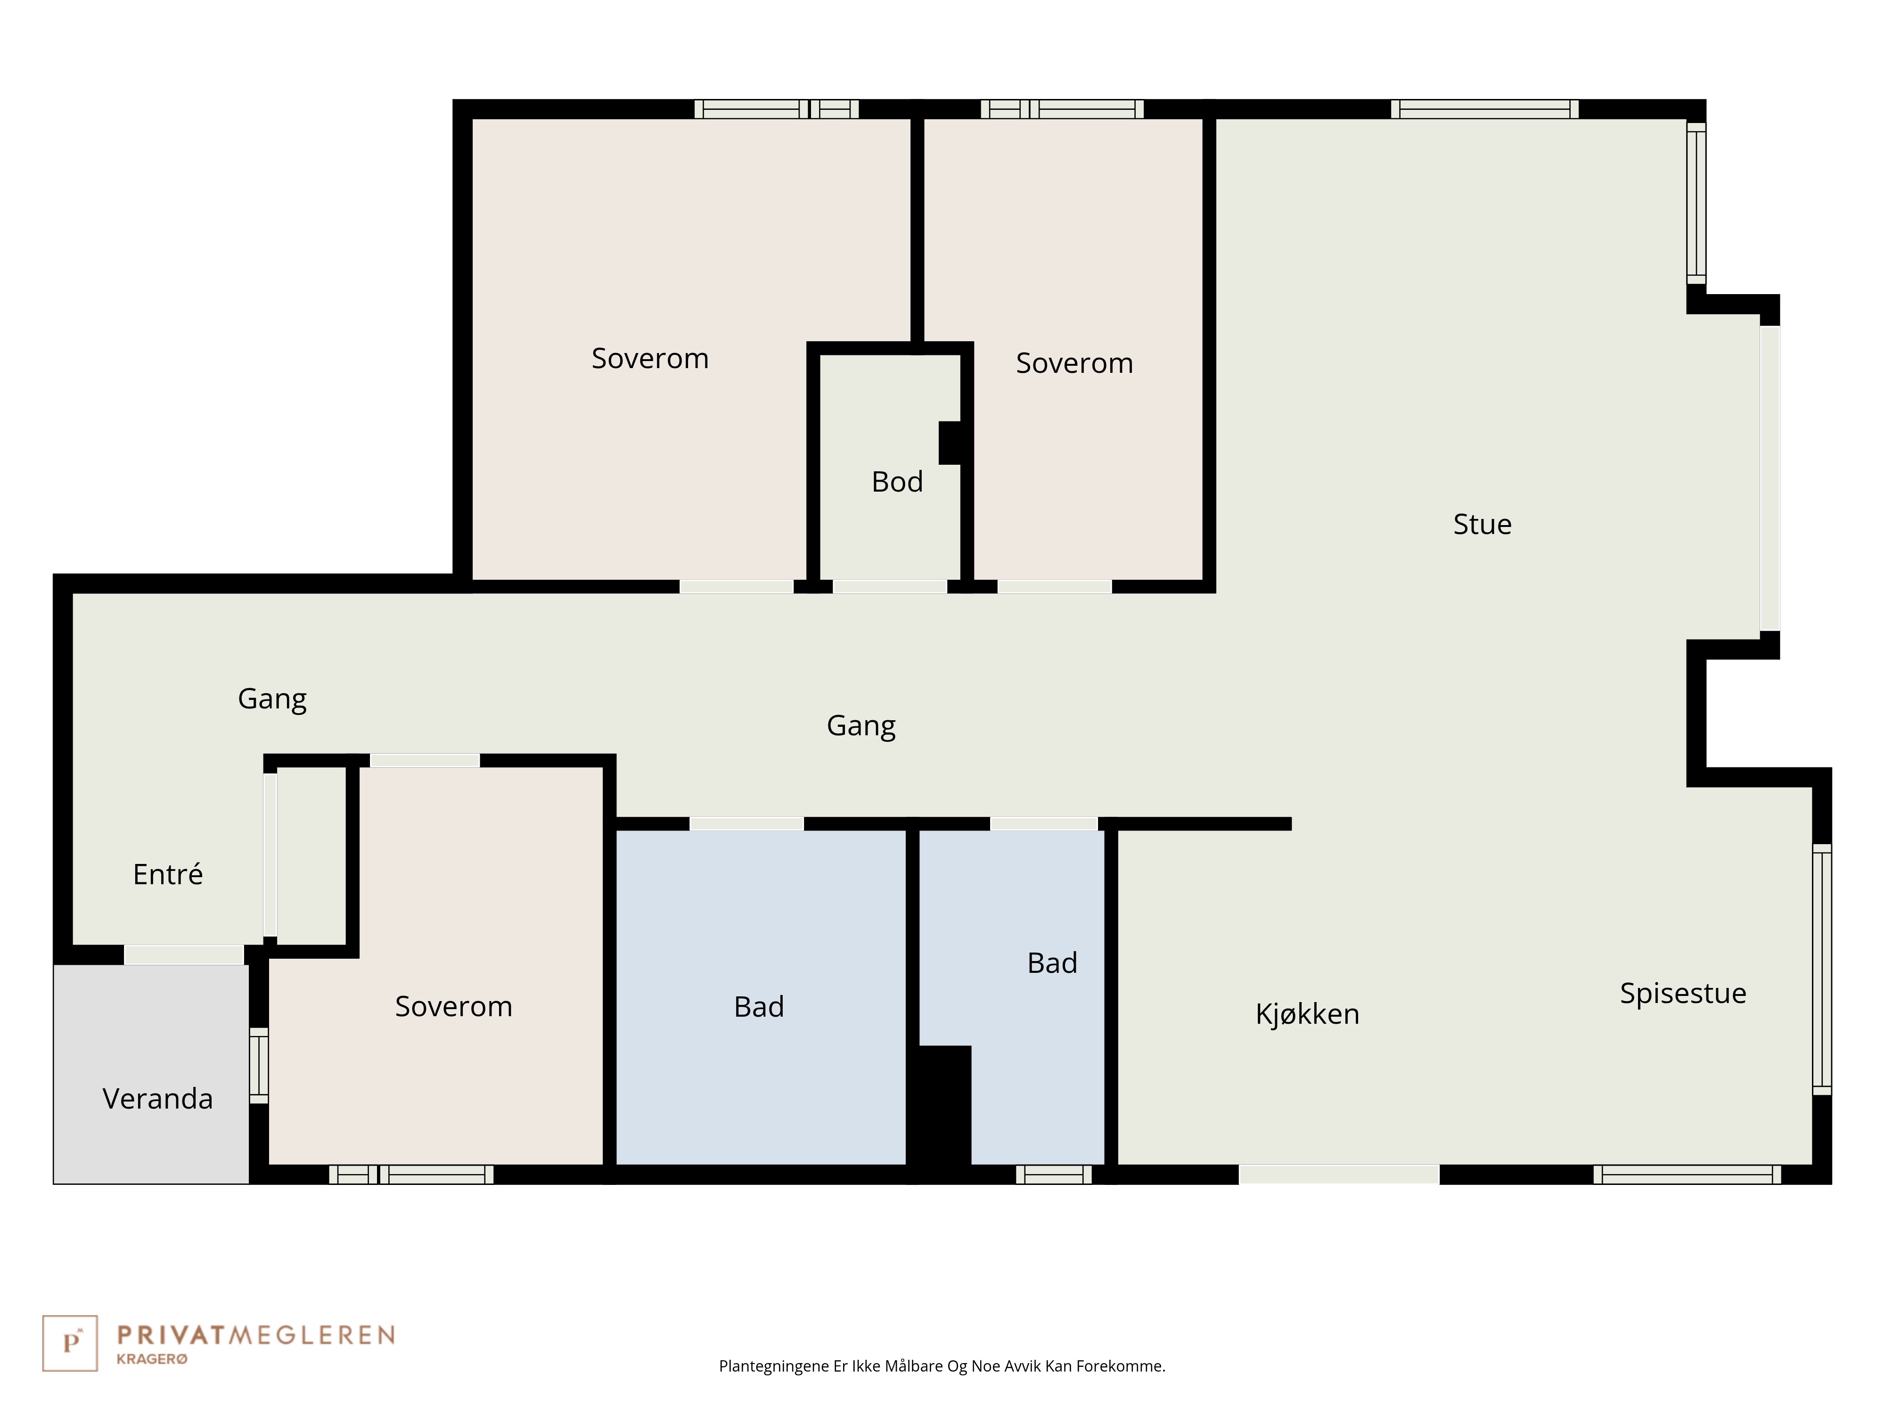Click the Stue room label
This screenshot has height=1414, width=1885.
click(1482, 524)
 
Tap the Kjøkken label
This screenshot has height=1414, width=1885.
click(1307, 1013)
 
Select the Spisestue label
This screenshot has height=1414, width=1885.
click(1683, 993)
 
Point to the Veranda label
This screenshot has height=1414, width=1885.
click(158, 1099)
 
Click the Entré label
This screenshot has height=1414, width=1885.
click(168, 874)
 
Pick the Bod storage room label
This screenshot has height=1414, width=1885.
click(897, 482)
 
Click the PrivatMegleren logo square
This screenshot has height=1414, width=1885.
click(70, 1343)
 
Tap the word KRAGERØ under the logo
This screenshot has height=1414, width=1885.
click(152, 1359)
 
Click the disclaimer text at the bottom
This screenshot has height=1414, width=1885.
click(942, 1366)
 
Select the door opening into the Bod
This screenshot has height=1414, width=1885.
click(890, 586)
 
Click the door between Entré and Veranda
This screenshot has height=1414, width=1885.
click(184, 954)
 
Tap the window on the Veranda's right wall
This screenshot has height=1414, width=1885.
click(258, 1065)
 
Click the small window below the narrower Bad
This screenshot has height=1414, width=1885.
click(1053, 1175)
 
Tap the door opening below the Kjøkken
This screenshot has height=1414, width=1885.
click(1339, 1175)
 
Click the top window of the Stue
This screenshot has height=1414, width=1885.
click(1484, 109)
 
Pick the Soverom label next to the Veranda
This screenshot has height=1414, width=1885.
click(453, 1007)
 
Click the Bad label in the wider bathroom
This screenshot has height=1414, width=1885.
click(758, 1007)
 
